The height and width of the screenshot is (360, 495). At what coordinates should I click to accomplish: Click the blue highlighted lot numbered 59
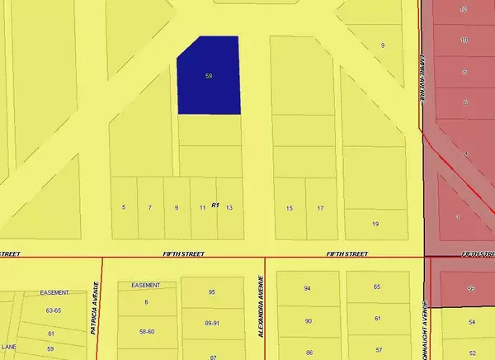[x=210, y=76]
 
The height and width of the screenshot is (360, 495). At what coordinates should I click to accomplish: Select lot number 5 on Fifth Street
[x=124, y=207]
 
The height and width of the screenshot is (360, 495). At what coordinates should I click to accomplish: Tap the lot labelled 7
[x=150, y=207]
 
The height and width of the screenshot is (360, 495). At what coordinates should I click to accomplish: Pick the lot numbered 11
[x=202, y=207]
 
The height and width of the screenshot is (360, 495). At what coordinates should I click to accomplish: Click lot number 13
[x=229, y=207]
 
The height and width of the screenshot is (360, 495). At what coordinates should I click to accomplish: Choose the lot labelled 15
[x=290, y=207]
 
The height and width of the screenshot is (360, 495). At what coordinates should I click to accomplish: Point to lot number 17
[x=320, y=207]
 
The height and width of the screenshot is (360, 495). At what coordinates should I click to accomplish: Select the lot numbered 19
[x=375, y=224]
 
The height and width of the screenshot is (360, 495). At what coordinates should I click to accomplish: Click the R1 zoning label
[x=215, y=204]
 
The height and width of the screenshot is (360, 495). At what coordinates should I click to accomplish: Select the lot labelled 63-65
[x=54, y=311]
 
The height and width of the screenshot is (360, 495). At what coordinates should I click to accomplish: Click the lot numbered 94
[x=308, y=288]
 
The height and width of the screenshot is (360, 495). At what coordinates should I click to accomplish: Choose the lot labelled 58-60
[x=147, y=330]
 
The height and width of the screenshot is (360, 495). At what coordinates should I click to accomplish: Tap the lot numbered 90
[x=308, y=320]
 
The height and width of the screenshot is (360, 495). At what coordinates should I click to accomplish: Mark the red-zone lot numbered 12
[x=464, y=9]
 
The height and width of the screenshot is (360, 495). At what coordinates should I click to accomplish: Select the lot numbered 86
[x=308, y=353]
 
